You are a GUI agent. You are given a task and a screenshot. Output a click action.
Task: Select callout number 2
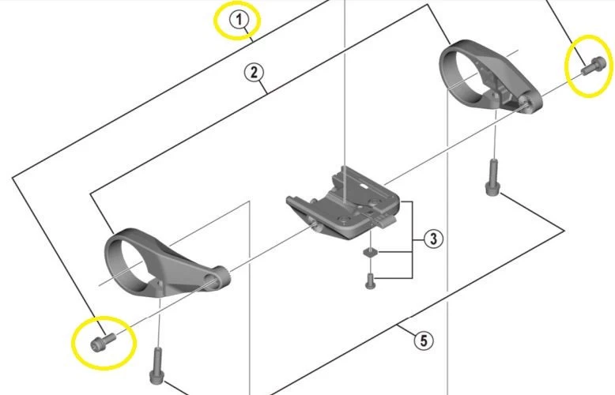(253, 73)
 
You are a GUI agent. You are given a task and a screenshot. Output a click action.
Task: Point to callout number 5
(424, 340)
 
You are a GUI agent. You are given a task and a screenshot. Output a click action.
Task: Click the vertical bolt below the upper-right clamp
(492, 178)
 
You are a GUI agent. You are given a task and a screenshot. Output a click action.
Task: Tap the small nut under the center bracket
(369, 253)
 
